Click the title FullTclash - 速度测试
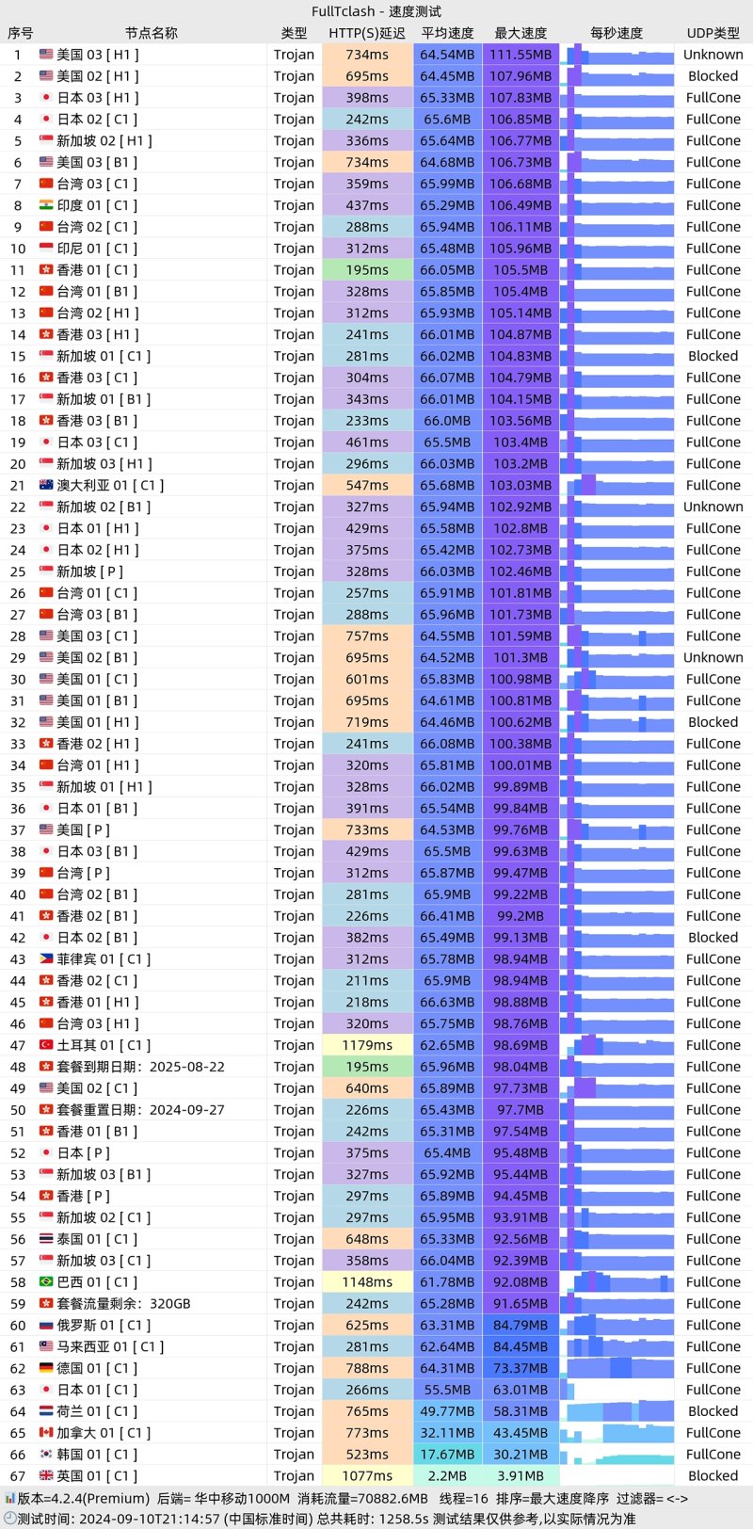tap(376, 11)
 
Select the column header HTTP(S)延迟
tap(366, 33)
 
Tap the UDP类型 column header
tap(713, 33)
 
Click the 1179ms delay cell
tap(367, 1045)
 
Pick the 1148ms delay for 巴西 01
tap(367, 1282)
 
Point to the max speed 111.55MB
tap(521, 55)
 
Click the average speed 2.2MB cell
tap(447, 1475)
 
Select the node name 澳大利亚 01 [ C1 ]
tap(110, 485)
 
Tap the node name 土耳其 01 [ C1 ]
tap(104, 1045)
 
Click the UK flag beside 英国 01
tap(46, 1475)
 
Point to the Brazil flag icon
tap(46, 1282)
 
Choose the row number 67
tap(18, 1475)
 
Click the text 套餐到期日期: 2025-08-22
tap(140, 1067)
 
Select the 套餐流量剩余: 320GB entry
tap(123, 1304)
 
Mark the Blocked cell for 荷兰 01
tap(713, 1411)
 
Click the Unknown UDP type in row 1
tap(713, 55)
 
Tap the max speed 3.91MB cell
tap(521, 1475)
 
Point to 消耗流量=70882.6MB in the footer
tap(362, 1498)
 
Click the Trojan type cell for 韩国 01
tap(294, 1454)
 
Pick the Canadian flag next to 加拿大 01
tap(46, 1433)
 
